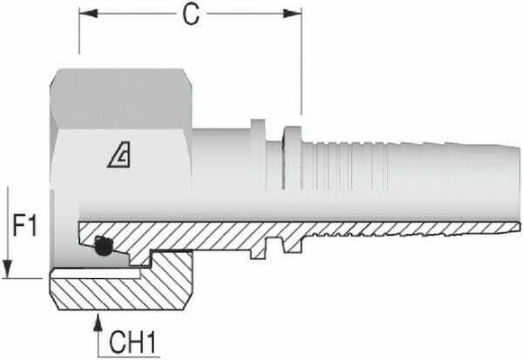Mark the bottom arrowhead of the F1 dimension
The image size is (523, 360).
(x=8, y=269)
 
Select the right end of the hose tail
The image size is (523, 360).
(x=518, y=180)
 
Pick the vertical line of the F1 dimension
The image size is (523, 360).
(x=8, y=229)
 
